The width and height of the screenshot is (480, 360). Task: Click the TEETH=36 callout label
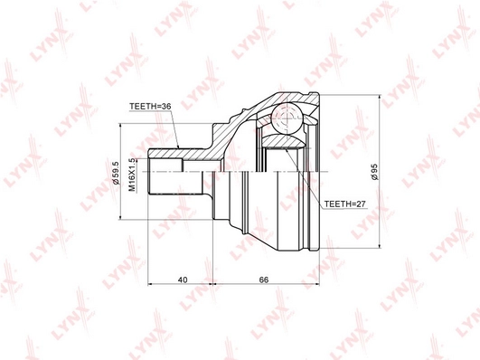[x=150, y=107]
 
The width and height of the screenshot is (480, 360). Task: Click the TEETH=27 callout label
[x=345, y=204]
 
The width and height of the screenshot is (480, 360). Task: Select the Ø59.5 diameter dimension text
[x=116, y=173]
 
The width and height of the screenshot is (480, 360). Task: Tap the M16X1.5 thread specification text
[x=132, y=175]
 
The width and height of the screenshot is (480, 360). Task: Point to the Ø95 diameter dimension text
[x=374, y=172]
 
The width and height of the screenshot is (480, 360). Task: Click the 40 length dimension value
[x=183, y=279]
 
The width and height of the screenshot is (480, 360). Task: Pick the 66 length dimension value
[x=264, y=279]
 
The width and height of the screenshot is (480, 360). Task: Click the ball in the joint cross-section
[x=287, y=118]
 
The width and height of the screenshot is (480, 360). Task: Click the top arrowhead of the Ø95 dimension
[x=380, y=98]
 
